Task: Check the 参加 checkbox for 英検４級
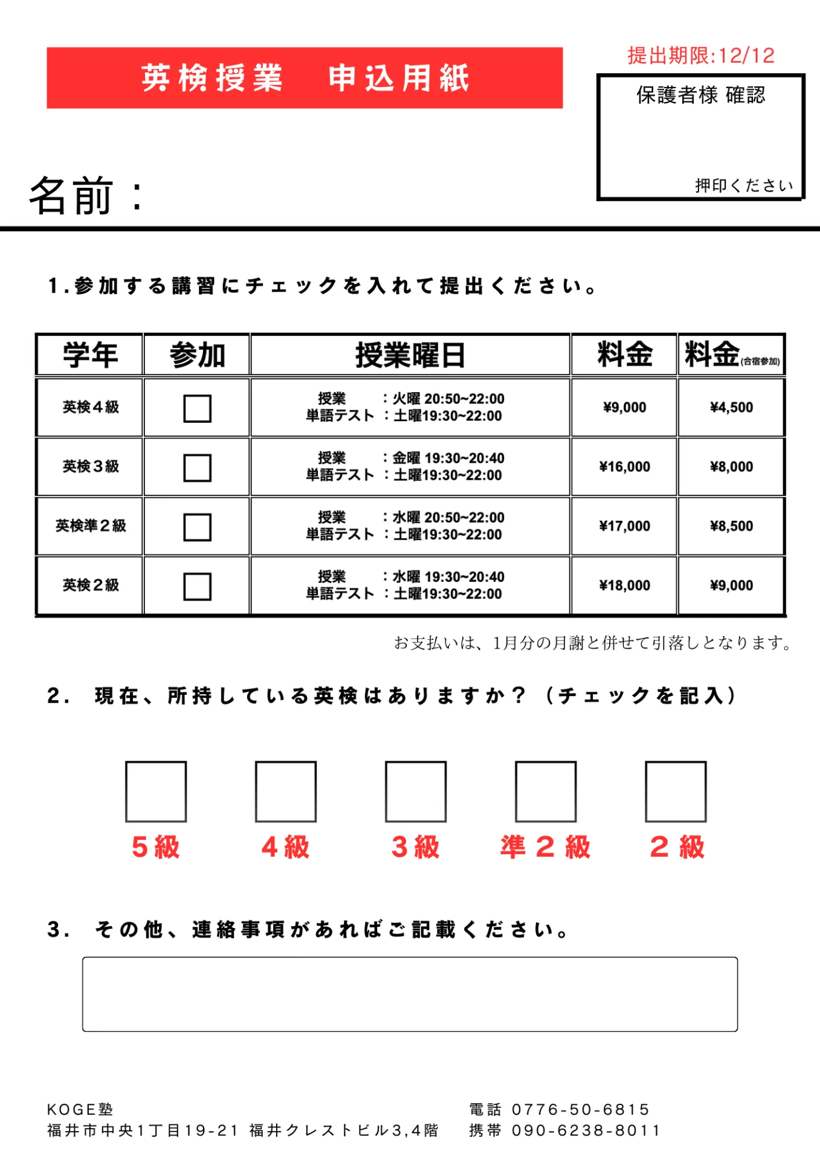point(198,408)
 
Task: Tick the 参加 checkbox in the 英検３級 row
point(198,468)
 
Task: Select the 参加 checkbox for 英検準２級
point(198,527)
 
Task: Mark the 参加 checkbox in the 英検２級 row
point(198,586)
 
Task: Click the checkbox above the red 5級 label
point(156,791)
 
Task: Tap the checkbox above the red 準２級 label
point(546,791)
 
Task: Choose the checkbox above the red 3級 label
point(416,791)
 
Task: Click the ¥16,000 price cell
point(624,467)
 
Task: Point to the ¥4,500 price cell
point(731,408)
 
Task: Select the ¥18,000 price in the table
point(624,585)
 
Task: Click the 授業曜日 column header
point(410,355)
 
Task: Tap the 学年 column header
point(90,355)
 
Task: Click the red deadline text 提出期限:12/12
point(701,56)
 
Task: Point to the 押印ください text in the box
point(744,185)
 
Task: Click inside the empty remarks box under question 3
point(410,994)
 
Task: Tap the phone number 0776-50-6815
point(580,1109)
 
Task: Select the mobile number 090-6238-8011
point(586,1130)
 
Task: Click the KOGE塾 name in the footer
point(80,1109)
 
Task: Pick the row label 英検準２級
point(91,526)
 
